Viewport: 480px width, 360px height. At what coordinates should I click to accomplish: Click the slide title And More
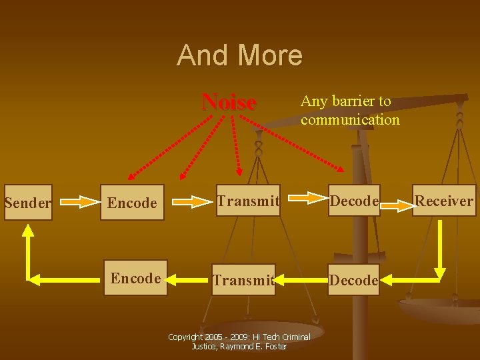239,55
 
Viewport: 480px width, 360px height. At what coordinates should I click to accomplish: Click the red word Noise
229,102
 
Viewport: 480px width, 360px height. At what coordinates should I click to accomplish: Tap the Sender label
27,203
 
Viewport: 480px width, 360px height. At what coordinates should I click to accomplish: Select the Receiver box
444,201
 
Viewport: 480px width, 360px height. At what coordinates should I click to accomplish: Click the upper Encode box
132,203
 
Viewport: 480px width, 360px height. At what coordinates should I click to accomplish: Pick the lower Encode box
135,278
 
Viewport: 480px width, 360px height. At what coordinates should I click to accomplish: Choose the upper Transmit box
247,201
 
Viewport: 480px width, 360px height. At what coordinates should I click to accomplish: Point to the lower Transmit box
243,281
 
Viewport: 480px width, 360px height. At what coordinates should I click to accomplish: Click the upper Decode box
354,201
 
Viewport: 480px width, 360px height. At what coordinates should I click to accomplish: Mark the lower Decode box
353,281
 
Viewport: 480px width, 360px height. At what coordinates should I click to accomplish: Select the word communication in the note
350,120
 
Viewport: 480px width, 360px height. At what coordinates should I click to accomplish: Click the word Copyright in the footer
184,337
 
